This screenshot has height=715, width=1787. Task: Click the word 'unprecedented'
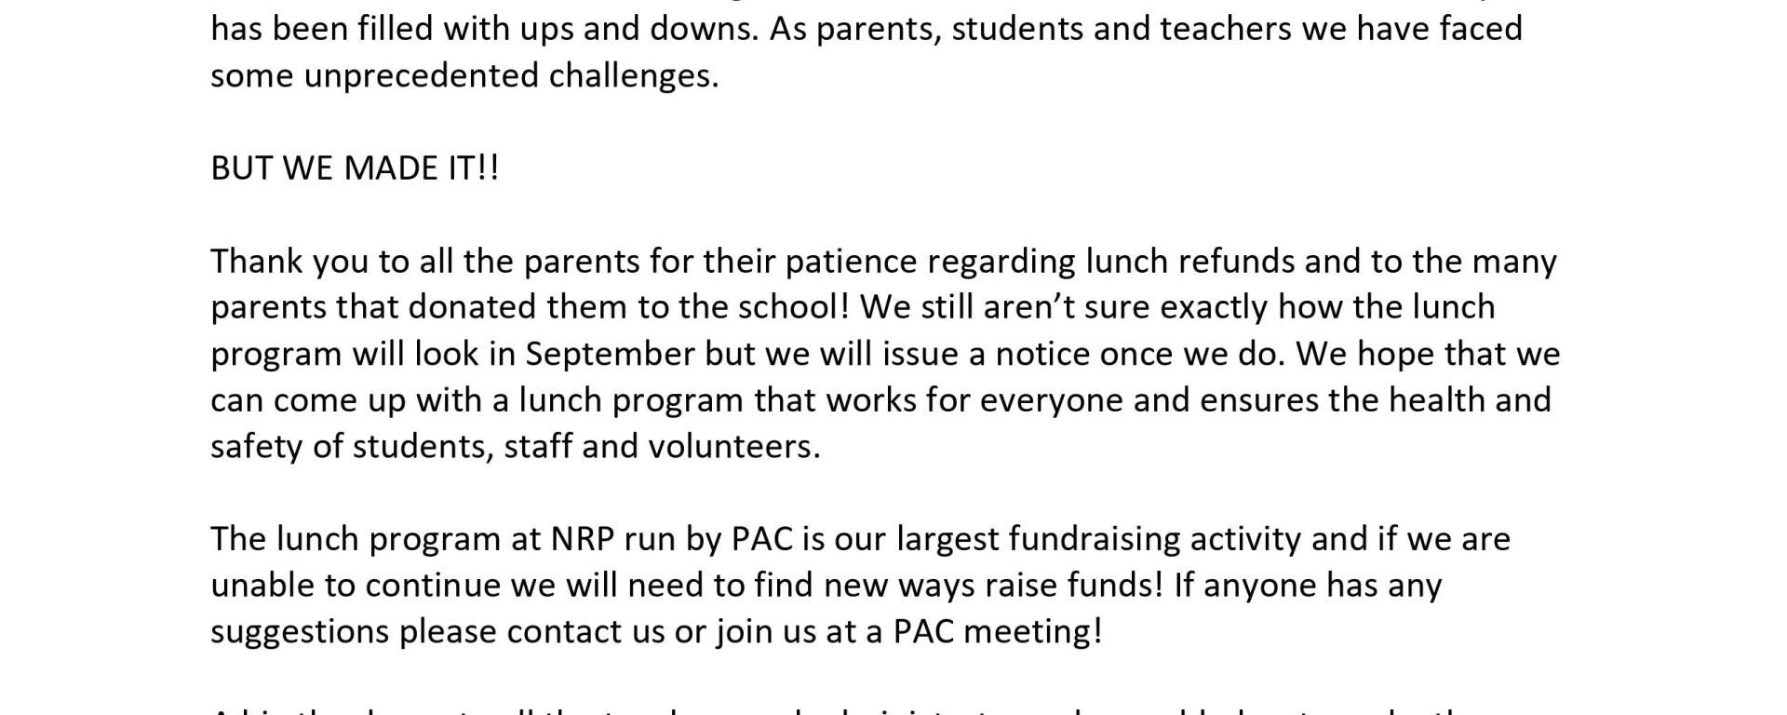421,75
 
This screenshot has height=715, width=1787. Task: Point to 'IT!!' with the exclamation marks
474,169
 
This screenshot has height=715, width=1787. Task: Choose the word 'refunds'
1236,261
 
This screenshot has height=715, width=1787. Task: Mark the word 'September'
610,354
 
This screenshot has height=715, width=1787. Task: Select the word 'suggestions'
300,631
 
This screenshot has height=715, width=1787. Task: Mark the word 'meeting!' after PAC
1033,631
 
